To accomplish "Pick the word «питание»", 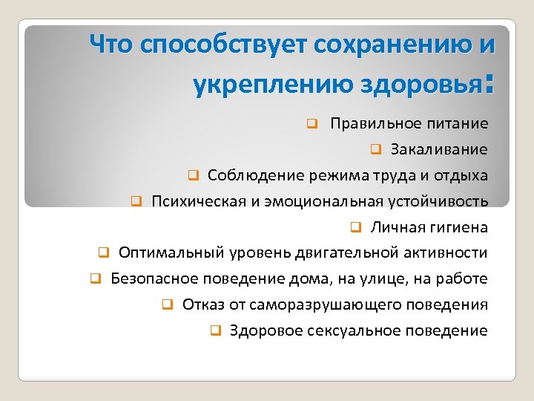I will point(457,123).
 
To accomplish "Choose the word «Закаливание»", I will point(439,149).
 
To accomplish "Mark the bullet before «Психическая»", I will point(136,201).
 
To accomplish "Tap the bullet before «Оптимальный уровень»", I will point(104,253).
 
